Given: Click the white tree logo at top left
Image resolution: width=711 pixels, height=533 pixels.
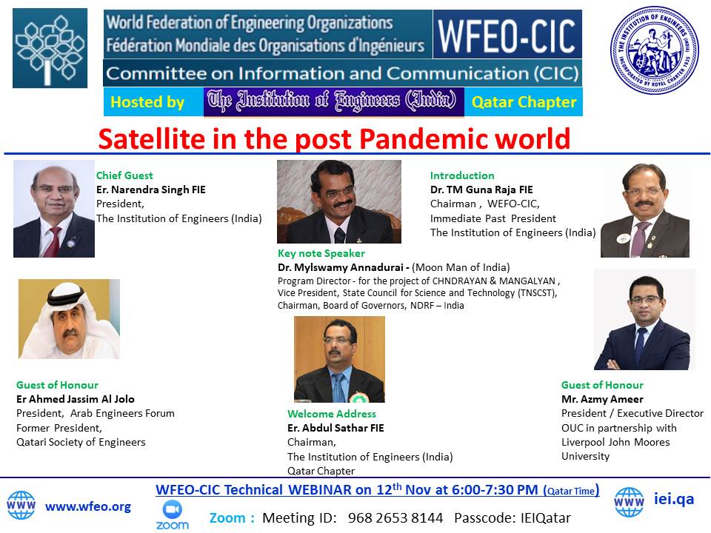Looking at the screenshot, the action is pos(50,49).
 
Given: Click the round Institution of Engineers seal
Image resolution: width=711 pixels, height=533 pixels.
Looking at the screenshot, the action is pos(655,50).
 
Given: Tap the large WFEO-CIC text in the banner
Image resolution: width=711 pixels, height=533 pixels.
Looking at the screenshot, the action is pos(507,36).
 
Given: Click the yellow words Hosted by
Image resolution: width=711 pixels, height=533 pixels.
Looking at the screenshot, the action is pos(147,102).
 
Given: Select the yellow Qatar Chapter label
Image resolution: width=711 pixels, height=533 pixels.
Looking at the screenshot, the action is pos(524,102).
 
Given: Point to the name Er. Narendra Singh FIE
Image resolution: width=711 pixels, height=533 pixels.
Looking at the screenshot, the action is pos(151,190).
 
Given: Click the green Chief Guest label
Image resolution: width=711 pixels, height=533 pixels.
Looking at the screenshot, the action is pos(124,175).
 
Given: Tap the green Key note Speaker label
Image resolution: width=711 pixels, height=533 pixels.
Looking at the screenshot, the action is pos(321,253).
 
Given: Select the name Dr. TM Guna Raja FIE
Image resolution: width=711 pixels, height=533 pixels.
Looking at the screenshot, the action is pos(481,190).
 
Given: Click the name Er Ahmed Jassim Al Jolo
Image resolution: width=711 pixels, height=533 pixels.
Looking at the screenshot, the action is pos(76,399).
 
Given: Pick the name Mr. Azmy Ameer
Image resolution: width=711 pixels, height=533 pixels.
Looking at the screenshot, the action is pos(602,399).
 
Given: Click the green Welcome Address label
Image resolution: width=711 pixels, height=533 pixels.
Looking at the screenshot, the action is pos(332,414).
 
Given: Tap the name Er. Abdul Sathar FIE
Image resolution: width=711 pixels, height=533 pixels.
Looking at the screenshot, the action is pos(336,428).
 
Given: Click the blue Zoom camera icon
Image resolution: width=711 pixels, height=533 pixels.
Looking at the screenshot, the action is pos(173,509).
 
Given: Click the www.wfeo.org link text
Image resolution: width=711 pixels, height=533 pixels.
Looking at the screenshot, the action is pos(88,506).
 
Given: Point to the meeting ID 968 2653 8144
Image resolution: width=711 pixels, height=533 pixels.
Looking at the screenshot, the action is pos(395,517).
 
